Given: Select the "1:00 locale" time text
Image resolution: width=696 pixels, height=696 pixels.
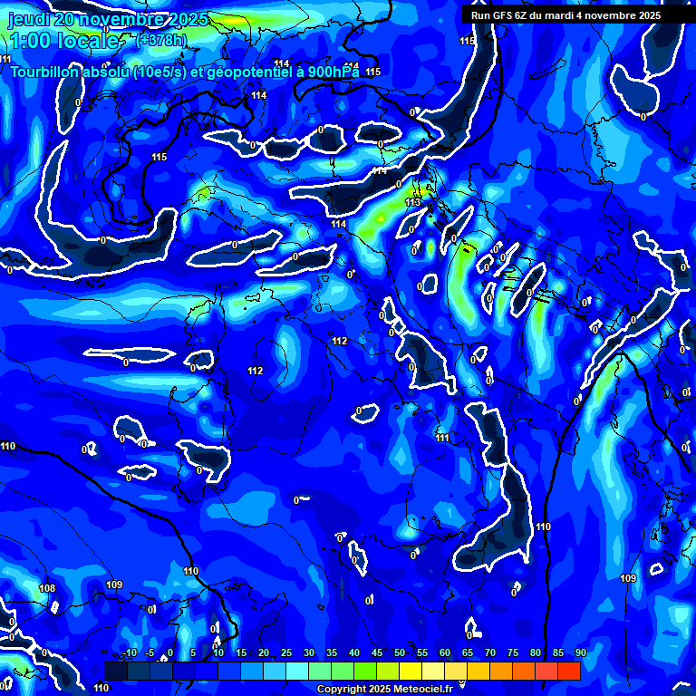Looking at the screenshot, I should [63, 42].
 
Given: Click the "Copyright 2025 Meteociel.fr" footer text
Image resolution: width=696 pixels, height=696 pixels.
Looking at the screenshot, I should [384, 689].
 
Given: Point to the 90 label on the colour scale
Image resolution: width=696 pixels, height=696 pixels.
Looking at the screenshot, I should [580, 652].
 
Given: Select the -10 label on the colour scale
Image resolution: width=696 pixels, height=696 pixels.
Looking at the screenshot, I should [130, 652].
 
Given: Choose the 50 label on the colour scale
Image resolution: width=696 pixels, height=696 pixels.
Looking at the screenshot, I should [400, 652].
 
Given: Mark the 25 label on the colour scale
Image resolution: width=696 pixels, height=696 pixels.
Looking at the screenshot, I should [286, 652].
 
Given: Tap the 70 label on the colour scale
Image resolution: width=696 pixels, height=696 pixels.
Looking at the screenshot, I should [490, 652].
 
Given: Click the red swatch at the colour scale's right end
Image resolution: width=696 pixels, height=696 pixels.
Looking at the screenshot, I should [568, 671].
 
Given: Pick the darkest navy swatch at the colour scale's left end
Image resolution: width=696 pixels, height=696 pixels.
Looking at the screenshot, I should [116, 671].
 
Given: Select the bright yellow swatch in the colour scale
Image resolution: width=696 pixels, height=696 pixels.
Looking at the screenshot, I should [411, 671].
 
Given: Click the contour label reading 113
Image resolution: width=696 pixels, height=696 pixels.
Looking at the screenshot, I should [413, 202].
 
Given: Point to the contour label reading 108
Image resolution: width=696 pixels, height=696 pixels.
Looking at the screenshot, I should [47, 589].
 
